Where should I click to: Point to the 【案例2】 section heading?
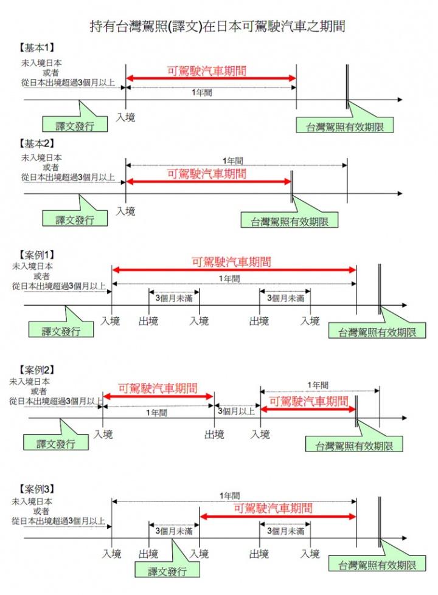click(x=38, y=370)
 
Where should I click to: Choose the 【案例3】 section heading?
click(x=38, y=489)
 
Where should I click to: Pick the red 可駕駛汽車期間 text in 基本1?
click(x=207, y=71)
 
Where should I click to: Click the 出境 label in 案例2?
click(x=214, y=435)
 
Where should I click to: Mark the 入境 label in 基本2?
click(x=125, y=211)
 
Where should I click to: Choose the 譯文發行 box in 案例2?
click(x=55, y=443)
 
